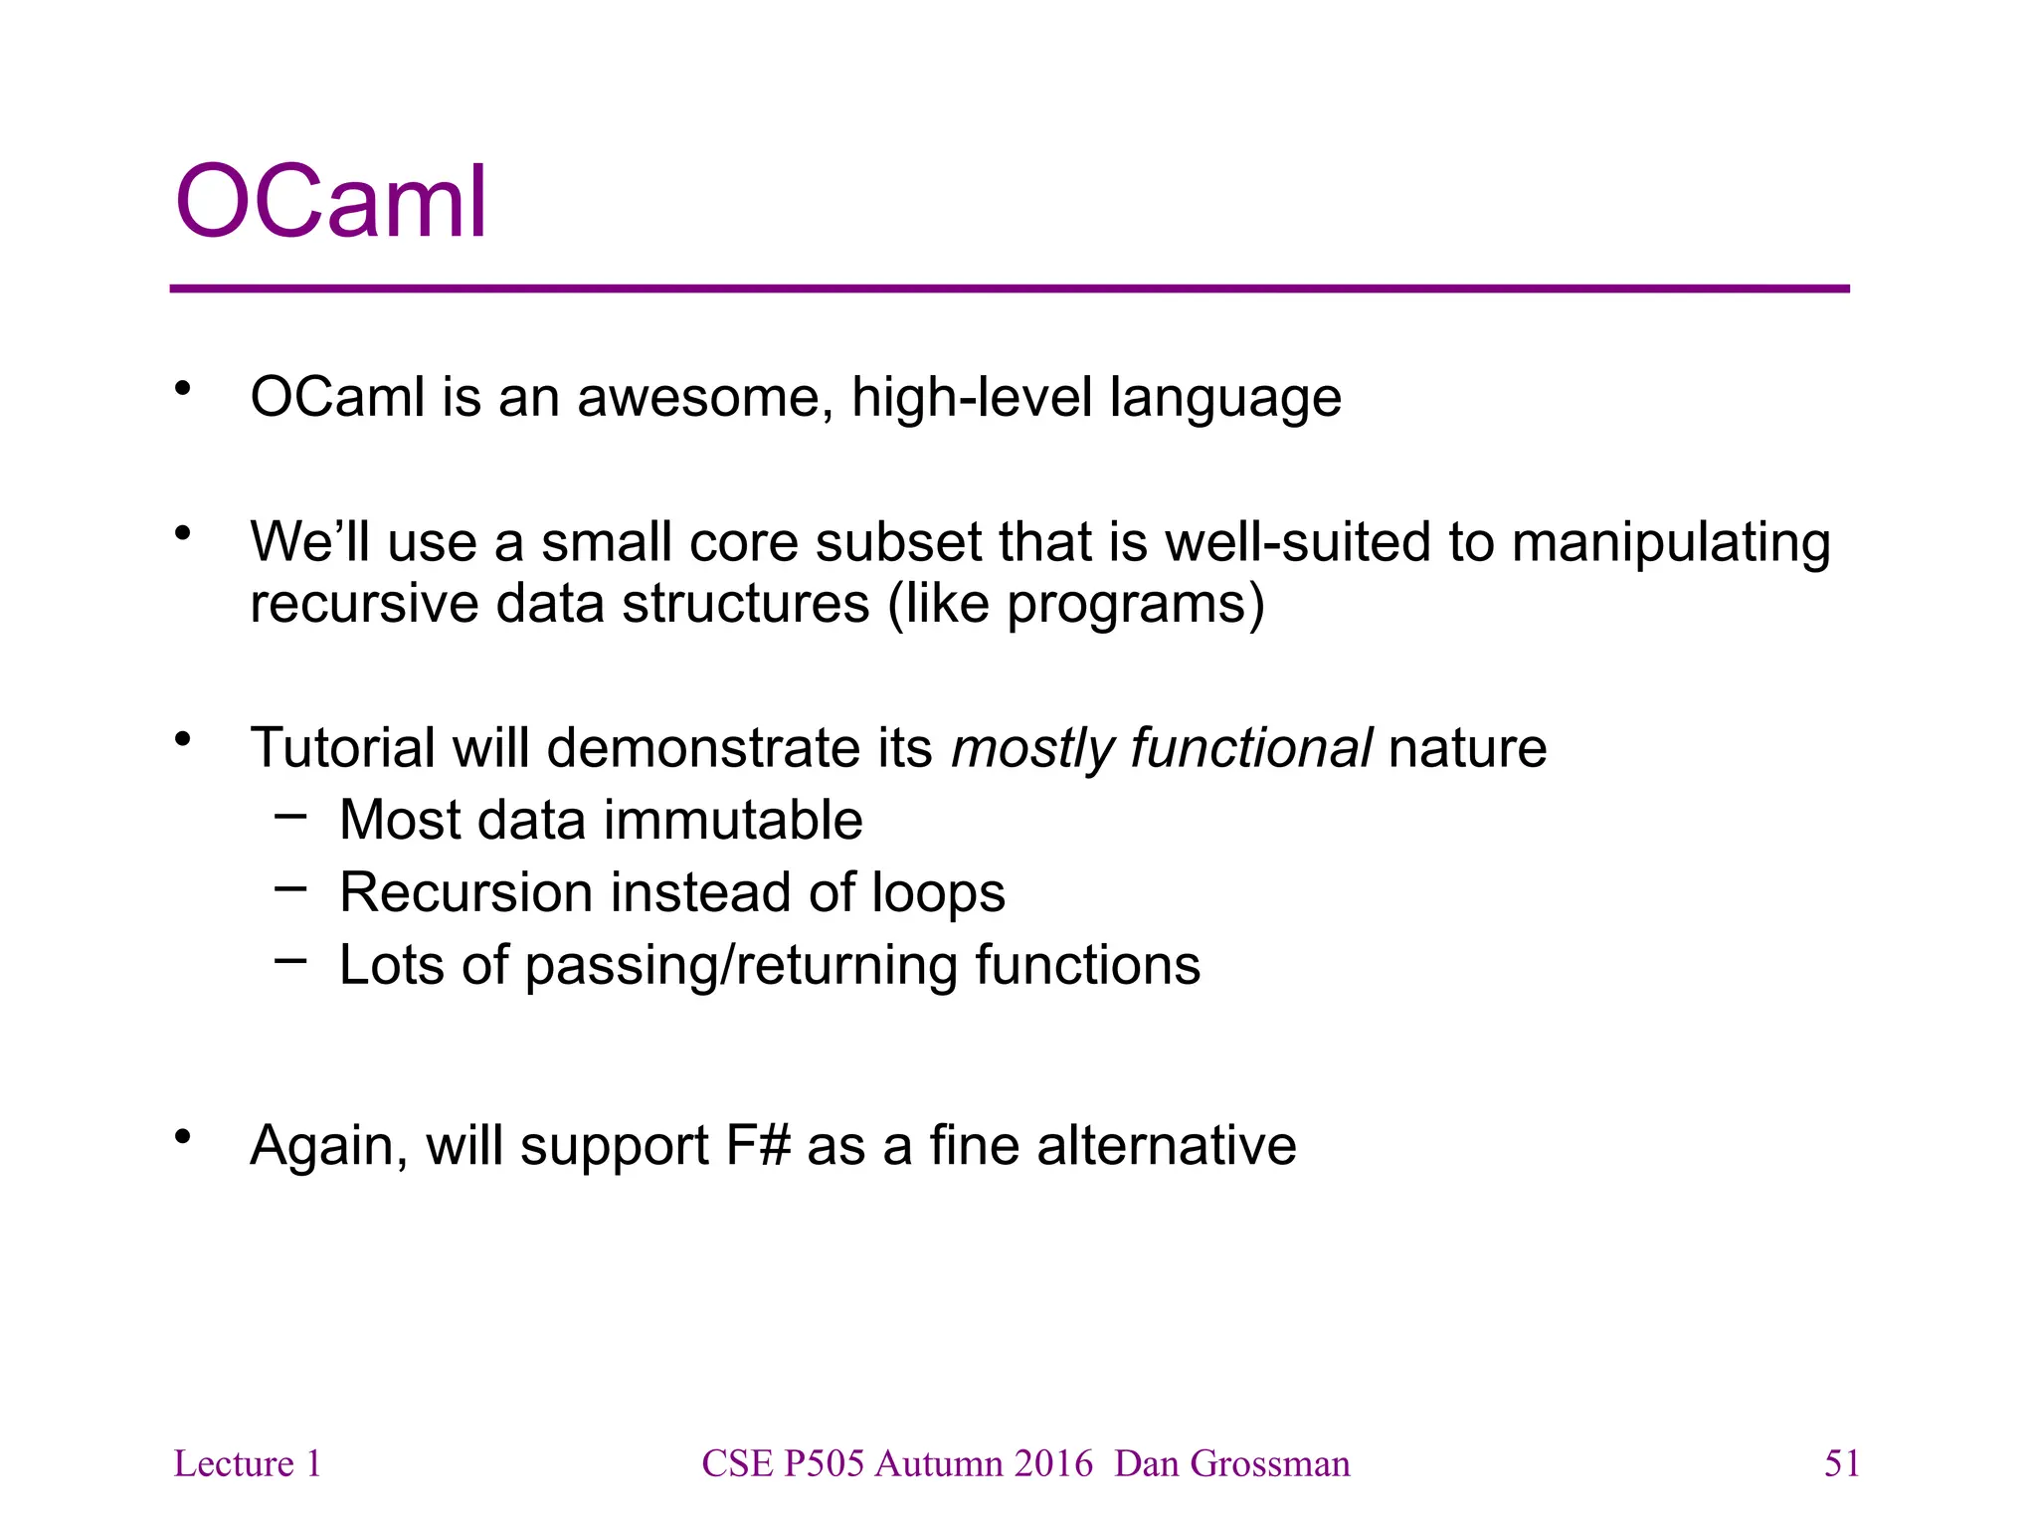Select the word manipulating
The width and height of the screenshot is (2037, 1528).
tap(1671, 543)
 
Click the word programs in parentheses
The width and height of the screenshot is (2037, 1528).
tap(1127, 604)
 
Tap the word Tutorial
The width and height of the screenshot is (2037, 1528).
tap(342, 748)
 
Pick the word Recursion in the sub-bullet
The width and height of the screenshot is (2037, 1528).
tap(465, 892)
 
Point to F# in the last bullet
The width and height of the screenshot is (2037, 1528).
tap(758, 1145)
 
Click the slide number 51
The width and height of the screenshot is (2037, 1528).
tap(1841, 1463)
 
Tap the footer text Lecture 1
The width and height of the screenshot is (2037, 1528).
tap(248, 1463)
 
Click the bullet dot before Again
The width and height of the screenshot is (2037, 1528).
tap(182, 1136)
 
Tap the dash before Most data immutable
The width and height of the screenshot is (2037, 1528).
tap(290, 817)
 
